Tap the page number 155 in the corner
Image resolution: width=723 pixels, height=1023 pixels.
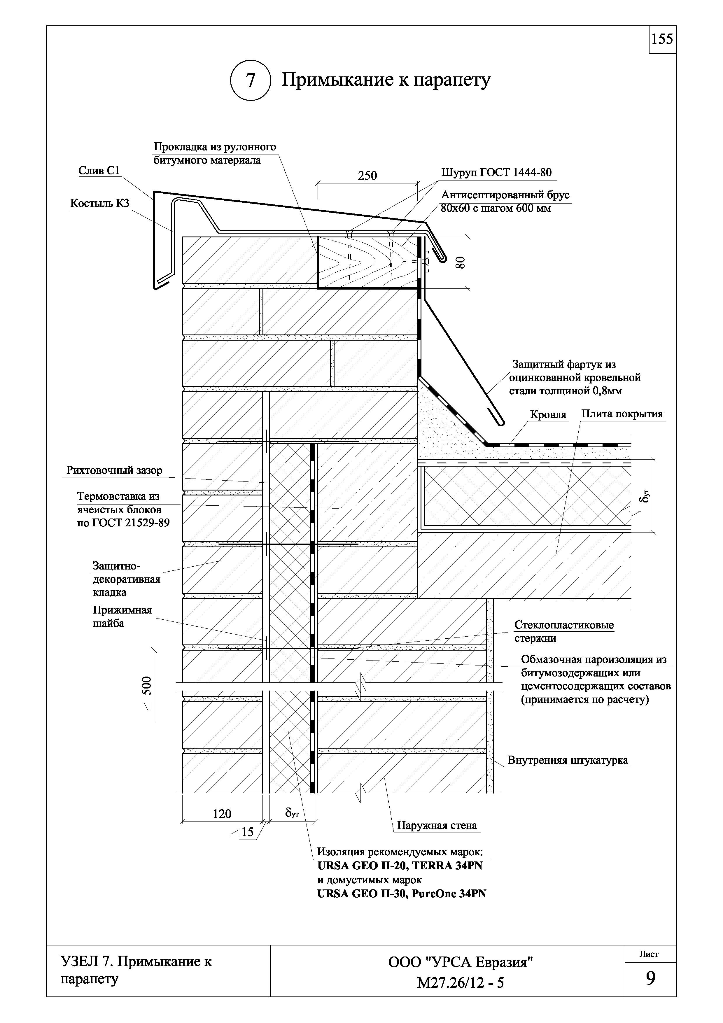[662, 40]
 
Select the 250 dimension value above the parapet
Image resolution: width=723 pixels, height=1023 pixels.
[367, 176]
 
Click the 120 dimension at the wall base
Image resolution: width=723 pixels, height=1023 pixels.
[222, 814]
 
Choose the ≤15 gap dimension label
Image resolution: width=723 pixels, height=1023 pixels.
[243, 832]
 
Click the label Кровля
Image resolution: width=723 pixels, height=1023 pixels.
[548, 415]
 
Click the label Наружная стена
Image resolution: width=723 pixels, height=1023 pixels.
[437, 826]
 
